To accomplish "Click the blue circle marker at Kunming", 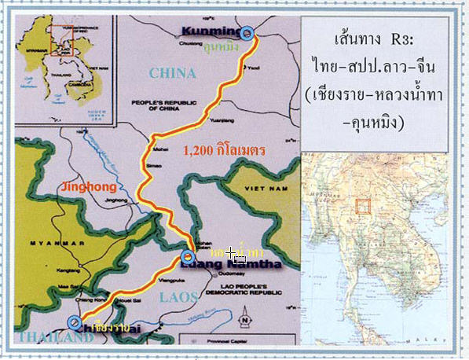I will coord(248,33).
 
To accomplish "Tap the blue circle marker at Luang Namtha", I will coord(189,258).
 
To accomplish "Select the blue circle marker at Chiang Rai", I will coord(74,322).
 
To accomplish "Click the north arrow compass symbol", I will coord(244,318).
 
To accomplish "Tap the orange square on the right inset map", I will coord(363,206).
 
